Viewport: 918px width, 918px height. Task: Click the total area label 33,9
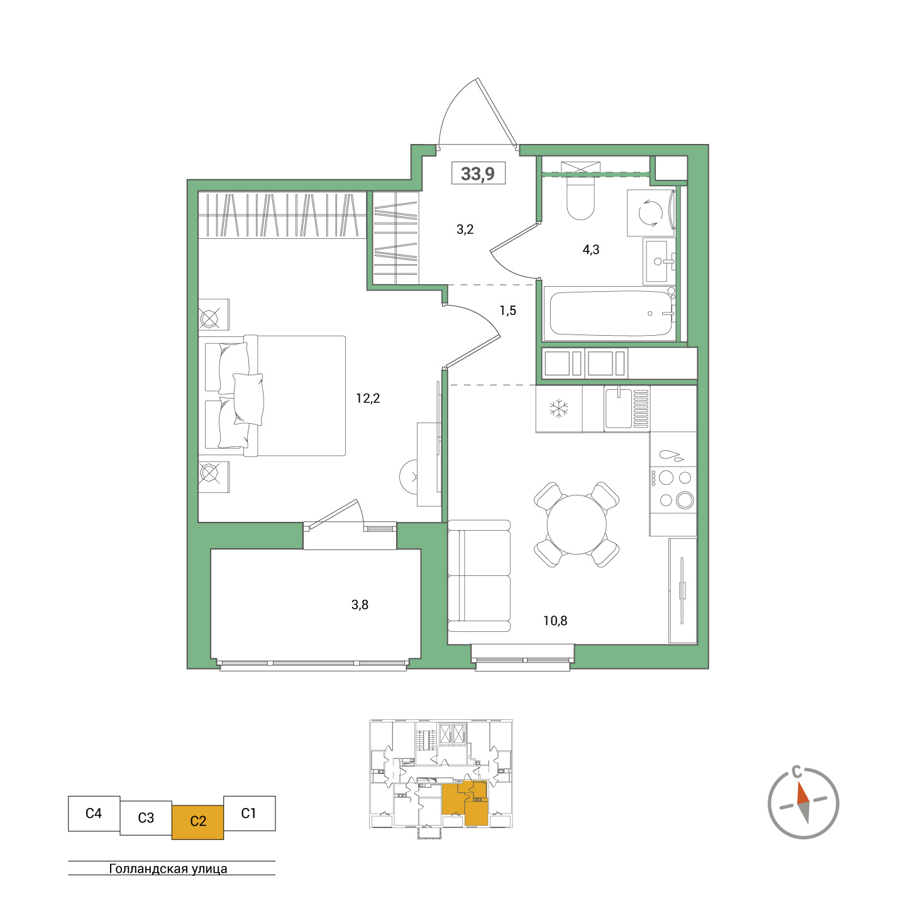478,174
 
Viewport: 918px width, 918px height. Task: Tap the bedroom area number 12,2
368,398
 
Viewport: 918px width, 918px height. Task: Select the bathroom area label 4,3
590,250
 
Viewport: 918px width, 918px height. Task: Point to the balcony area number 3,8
360,605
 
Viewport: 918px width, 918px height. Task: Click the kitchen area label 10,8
555,621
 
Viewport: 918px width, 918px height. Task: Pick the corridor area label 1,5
507,311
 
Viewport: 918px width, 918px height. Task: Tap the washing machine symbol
650,213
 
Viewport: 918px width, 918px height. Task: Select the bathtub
610,313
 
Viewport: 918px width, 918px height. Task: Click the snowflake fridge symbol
558,409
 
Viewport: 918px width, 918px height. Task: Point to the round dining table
576,524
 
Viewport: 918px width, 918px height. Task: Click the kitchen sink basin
619,409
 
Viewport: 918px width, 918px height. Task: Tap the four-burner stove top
673,489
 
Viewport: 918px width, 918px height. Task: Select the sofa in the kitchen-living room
478,576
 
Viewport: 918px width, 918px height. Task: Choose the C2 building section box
197,821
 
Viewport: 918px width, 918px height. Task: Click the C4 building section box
94,814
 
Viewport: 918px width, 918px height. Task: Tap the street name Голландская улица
169,869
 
